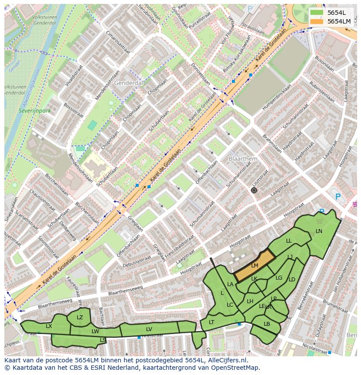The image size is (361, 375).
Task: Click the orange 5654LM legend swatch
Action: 317,21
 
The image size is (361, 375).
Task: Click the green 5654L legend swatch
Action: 317,13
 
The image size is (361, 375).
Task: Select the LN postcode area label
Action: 319,231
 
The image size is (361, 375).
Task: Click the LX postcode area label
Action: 49,326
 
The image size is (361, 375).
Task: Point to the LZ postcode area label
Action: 80,318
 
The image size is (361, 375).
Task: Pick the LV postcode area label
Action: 149,329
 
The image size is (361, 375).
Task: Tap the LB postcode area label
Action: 267,324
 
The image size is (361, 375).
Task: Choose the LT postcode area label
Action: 211,322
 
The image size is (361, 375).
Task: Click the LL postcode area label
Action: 289,241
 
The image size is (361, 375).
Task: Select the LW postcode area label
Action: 95,331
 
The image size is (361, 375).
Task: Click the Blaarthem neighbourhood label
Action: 243,159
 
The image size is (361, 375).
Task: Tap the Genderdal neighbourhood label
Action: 129,83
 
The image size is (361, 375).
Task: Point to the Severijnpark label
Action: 35,111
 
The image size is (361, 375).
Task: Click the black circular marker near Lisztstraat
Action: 254,190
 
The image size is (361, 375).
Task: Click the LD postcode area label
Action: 292,280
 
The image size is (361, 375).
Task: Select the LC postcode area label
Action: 230,305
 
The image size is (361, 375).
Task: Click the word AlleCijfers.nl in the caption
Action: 226,361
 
